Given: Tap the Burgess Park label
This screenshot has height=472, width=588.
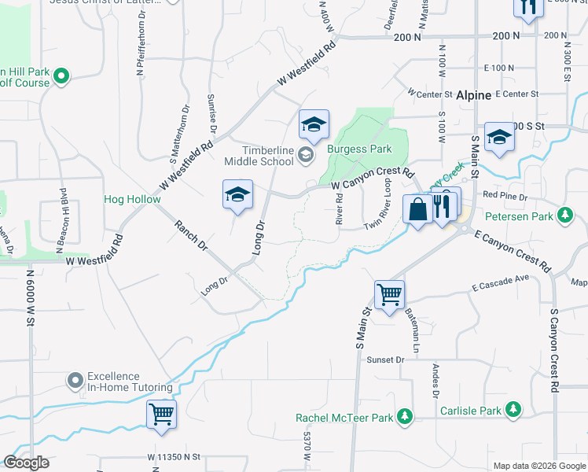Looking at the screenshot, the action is (x=359, y=149).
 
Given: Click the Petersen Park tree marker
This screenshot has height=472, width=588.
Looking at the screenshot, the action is (x=564, y=214).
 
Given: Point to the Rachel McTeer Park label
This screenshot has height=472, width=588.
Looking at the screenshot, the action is (x=344, y=417).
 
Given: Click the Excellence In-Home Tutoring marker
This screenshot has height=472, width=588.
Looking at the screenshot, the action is (x=75, y=382).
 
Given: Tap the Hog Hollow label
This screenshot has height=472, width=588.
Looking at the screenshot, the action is (x=132, y=199).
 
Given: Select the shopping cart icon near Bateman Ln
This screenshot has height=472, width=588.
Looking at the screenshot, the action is (x=389, y=295).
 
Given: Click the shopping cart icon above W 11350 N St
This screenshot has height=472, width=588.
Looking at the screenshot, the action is (x=161, y=414).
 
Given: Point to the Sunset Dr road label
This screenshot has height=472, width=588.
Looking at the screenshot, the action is (x=385, y=360).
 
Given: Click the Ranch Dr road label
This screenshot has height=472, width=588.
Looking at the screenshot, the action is (x=192, y=235).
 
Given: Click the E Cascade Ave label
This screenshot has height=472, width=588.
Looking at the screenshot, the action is (x=501, y=283).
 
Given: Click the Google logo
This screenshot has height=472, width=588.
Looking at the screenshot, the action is (x=27, y=463).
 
